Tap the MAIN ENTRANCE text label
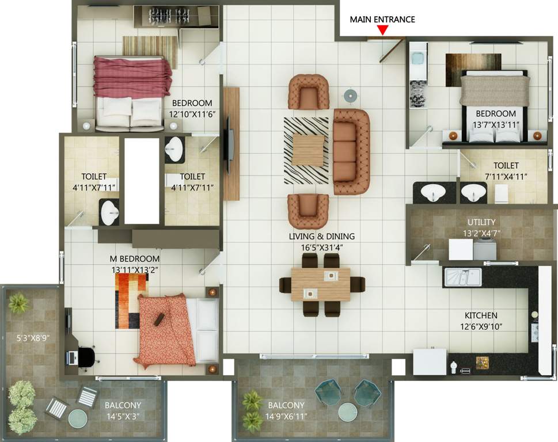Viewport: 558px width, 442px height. (x=382, y=20)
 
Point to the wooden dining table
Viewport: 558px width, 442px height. (x=321, y=284)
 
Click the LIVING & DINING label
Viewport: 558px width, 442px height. (x=322, y=236)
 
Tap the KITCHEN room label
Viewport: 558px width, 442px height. (x=481, y=315)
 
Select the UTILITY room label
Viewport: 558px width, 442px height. (x=481, y=222)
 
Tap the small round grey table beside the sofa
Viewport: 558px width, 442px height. (x=350, y=95)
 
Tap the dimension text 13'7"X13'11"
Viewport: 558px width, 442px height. (x=496, y=125)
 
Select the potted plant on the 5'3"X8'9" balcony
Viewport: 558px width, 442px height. (x=17, y=302)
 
